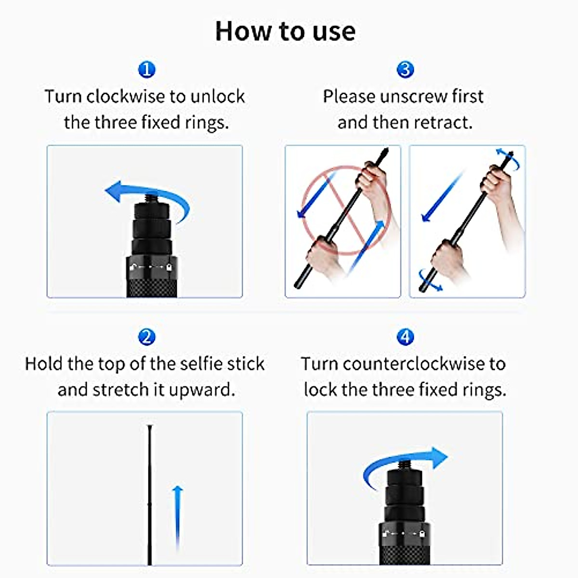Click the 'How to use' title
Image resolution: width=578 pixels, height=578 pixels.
285,31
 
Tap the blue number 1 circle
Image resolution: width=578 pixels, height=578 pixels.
146,70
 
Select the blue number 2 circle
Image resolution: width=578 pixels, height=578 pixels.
146,337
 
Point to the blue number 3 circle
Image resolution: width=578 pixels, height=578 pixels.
405,70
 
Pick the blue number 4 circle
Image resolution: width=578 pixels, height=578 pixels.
405,337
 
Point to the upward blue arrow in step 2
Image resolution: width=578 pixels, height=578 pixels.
178,515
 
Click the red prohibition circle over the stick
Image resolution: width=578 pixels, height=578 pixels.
343,210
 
